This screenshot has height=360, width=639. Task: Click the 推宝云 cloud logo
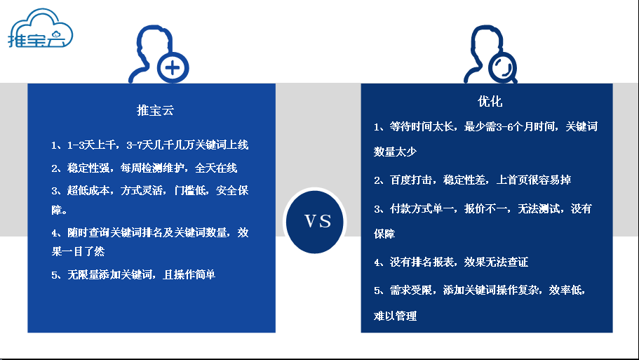[x=40, y=29]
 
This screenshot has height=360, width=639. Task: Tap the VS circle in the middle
[x=315, y=221]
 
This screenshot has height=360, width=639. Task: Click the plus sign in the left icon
[x=173, y=67]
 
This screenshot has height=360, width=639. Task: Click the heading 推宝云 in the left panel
[x=155, y=110]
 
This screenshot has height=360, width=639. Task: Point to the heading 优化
[x=490, y=101]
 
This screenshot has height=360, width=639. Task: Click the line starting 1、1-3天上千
[x=149, y=145]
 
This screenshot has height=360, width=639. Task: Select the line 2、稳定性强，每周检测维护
[x=144, y=168]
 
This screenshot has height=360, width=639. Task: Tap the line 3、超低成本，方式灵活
[x=149, y=190]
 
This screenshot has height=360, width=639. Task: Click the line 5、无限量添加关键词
[x=133, y=274]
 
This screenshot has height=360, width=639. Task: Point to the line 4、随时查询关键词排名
[x=149, y=232]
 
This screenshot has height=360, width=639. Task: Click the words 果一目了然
[x=78, y=251]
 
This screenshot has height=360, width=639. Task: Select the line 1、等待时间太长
[x=486, y=126]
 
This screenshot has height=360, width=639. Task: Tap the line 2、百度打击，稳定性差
[x=472, y=180]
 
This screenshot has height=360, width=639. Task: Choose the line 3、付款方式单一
[x=483, y=208]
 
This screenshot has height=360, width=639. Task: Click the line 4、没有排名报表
[x=451, y=262]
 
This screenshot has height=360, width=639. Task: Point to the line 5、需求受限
[x=480, y=290]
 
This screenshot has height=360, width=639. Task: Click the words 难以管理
[x=395, y=316]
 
